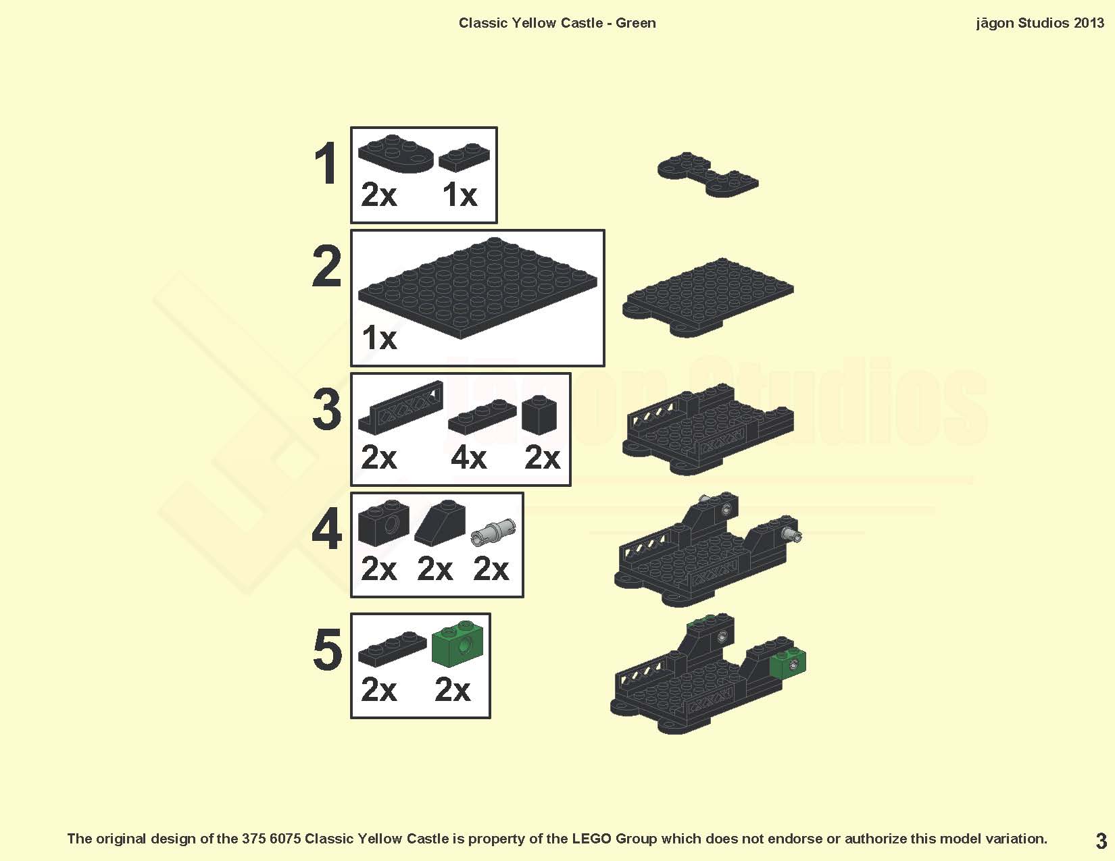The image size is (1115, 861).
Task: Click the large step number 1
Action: pos(326,164)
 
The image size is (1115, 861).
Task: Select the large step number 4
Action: pos(327,531)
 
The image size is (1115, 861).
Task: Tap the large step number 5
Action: pos(328,650)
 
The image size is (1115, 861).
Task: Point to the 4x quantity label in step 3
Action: pos(468,458)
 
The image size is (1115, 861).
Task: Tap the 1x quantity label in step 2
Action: pos(379,338)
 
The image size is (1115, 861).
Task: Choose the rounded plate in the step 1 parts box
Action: pos(396,154)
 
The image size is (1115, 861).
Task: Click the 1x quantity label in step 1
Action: pos(460,195)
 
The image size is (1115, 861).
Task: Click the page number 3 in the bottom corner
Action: pos(1101,841)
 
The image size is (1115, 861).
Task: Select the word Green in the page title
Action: pos(635,23)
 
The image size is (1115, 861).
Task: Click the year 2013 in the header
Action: pos(1089,23)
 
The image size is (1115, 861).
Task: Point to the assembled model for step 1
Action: pos(708,174)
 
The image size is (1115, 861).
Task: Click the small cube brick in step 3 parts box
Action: pos(539,414)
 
